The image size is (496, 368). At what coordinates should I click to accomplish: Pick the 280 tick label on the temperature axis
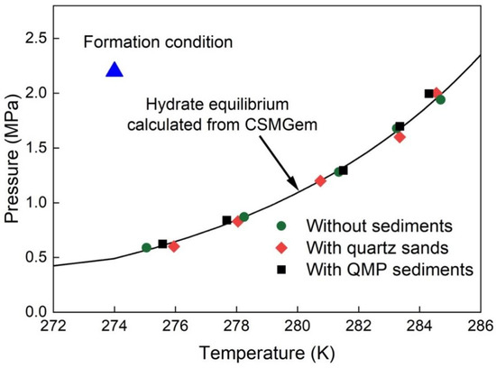coord(298,327)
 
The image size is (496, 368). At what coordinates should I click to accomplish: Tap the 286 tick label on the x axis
coord(481,327)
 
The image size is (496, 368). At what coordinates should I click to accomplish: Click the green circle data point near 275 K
coord(146,247)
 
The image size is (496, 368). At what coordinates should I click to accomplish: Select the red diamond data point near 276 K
coord(174,246)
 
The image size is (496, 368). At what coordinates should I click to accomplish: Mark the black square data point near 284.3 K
coord(429,94)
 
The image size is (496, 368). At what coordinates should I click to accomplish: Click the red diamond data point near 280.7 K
coord(320,180)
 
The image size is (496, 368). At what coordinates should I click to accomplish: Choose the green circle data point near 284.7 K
coord(440,99)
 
